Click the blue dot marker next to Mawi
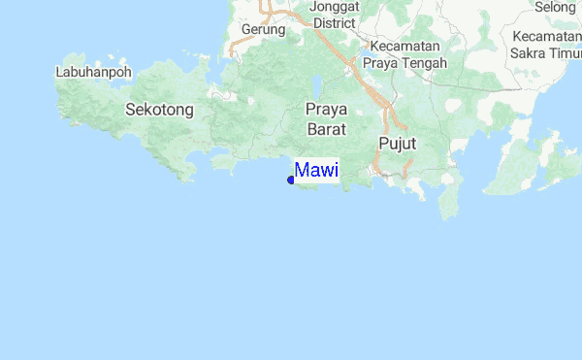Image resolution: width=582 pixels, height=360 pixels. coord(291,180)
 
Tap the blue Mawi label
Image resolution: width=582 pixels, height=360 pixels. coord(316,171)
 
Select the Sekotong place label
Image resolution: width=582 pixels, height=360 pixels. coord(160,110)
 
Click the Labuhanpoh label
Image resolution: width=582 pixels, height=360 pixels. coord(93,71)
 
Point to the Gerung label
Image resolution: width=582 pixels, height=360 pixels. coord(263,29)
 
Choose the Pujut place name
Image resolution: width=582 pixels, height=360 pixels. coord(396,144)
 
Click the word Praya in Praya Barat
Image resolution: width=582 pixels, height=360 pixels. coord(327,109)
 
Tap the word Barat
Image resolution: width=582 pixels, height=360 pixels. coord(326,127)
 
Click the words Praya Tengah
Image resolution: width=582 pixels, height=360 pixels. coord(404,63)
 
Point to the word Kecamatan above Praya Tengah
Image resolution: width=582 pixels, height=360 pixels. coord(404,47)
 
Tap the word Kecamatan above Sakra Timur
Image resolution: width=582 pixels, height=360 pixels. coord(548,37)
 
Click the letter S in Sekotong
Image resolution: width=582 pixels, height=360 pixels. coord(130,110)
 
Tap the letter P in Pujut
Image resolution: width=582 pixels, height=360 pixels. coord(381,144)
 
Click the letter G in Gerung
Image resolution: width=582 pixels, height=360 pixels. coord(245,29)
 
